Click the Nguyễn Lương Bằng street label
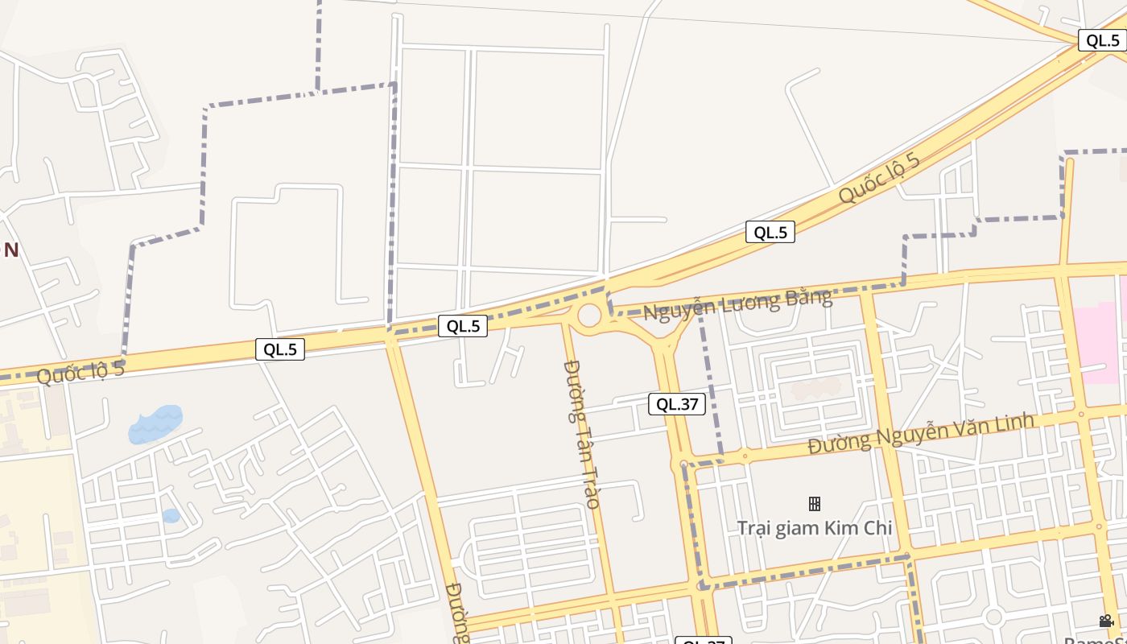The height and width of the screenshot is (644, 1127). (737, 303)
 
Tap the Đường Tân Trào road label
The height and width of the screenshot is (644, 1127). (581, 434)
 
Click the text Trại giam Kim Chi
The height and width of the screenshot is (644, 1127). (815, 528)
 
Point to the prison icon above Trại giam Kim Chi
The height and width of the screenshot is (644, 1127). (815, 504)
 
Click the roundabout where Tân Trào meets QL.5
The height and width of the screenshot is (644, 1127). (589, 315)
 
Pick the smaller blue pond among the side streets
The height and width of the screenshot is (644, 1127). (171, 516)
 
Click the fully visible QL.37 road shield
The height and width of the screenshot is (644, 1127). (676, 404)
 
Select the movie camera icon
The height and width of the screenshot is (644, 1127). (1106, 621)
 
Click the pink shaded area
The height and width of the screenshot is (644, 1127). (1103, 338)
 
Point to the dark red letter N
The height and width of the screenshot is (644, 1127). (11, 250)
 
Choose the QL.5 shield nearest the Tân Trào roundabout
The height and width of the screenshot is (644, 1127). (463, 326)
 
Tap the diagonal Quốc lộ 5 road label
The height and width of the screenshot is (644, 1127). (878, 178)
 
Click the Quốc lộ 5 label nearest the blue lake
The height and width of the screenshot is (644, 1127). (80, 373)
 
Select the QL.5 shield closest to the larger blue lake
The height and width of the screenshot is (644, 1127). (280, 349)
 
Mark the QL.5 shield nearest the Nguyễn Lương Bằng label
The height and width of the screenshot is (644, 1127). (770, 233)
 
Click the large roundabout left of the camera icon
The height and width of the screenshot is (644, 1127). (993, 617)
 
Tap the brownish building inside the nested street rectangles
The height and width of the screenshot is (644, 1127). (815, 390)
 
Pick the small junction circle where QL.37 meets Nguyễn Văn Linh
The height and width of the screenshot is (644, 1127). (683, 464)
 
